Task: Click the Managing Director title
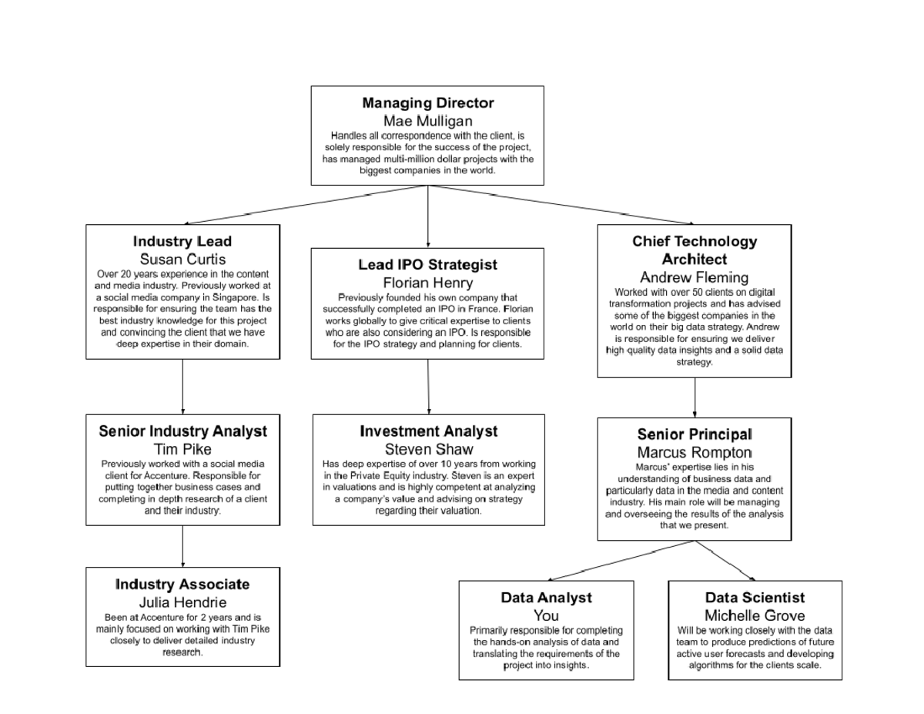click(427, 103)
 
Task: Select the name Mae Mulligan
click(427, 121)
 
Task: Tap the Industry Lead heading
click(182, 242)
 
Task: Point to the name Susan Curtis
click(182, 260)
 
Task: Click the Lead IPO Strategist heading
click(427, 265)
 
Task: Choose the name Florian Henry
click(427, 283)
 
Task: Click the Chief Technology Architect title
click(695, 250)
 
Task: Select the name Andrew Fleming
click(695, 277)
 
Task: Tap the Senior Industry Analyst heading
click(182, 431)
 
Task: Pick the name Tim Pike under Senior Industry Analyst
click(182, 449)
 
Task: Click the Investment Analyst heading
click(428, 431)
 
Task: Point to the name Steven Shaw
click(428, 449)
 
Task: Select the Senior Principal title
click(695, 435)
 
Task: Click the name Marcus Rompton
click(695, 452)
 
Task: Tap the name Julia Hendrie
click(182, 602)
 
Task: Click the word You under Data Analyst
click(546, 615)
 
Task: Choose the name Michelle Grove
click(755, 615)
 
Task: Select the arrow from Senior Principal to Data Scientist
click(725, 561)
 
